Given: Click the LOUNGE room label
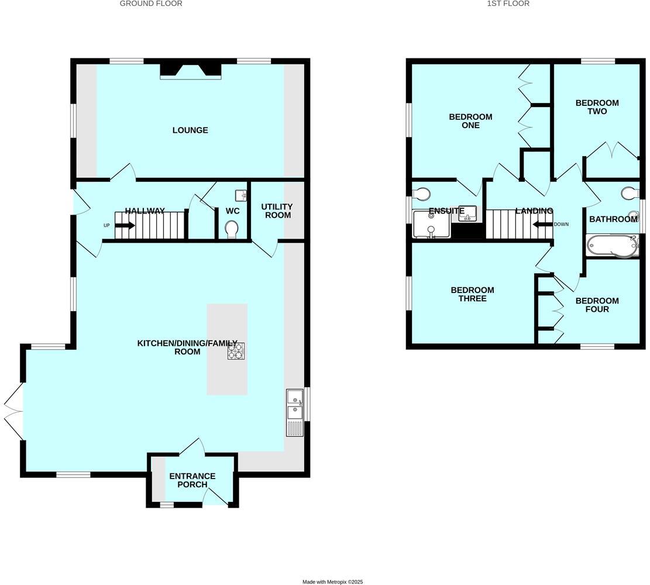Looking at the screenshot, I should (x=190, y=130).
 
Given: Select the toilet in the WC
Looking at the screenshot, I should (x=232, y=228).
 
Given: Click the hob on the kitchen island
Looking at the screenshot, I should (x=236, y=350).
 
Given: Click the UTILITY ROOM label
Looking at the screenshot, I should (x=277, y=211).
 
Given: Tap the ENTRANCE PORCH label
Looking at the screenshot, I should (x=192, y=480).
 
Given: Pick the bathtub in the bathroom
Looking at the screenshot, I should (x=611, y=246).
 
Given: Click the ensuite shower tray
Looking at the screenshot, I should (x=431, y=225).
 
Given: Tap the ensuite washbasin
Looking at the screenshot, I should (x=468, y=214).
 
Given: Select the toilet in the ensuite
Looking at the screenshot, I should (x=421, y=194).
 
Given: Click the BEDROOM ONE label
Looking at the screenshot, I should (x=470, y=121).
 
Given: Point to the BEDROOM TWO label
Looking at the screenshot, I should (x=597, y=107).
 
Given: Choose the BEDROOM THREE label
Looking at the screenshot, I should (x=472, y=294).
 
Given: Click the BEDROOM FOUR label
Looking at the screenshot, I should (x=597, y=305).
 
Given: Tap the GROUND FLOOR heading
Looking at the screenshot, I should (x=151, y=4).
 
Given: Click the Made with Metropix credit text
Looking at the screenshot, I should (x=332, y=581).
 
